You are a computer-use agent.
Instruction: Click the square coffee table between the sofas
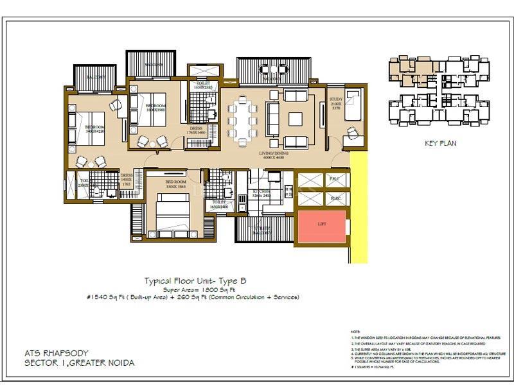(296, 119)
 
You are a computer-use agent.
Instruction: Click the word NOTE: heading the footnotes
(355, 330)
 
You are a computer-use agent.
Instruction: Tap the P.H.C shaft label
(334, 179)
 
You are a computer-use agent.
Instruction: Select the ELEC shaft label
(334, 198)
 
